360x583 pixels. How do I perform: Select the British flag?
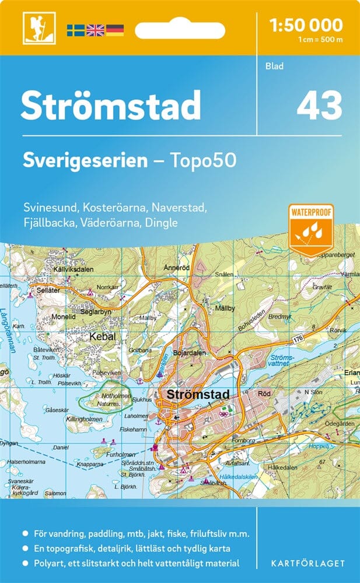pyautogui.click(x=95, y=30)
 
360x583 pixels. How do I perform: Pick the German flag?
pyautogui.click(x=114, y=30)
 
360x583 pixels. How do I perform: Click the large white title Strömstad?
pyautogui.click(x=111, y=106)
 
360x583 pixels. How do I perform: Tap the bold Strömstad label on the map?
pyautogui.click(x=198, y=394)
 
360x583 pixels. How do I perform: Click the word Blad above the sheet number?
pyautogui.click(x=274, y=66)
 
